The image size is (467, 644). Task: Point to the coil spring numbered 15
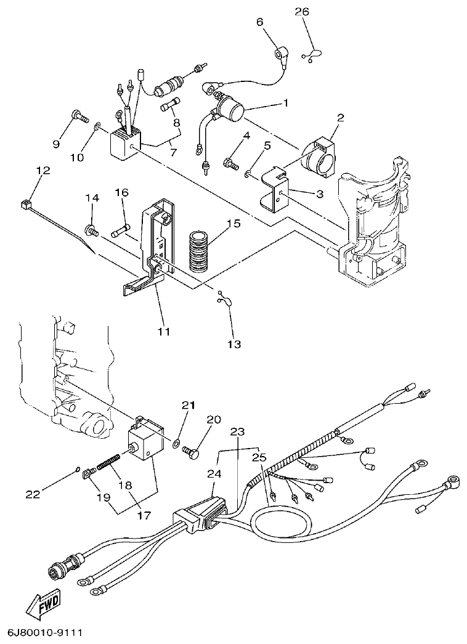(199, 251)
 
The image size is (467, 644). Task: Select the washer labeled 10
(98, 128)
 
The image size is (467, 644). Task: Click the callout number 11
(163, 331)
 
